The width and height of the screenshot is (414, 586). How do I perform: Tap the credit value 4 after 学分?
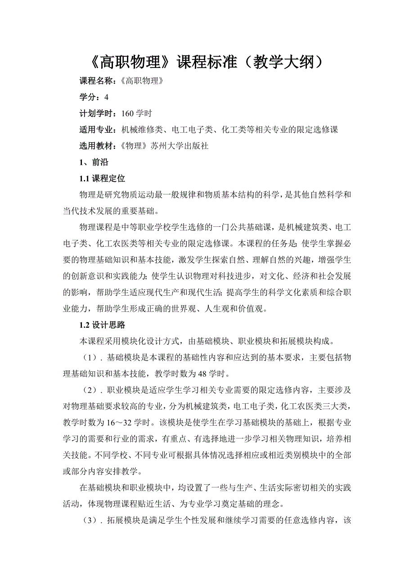coord(106,97)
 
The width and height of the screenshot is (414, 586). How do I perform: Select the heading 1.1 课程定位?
coord(102,179)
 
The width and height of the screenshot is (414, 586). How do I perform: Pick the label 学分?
coord(88,97)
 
